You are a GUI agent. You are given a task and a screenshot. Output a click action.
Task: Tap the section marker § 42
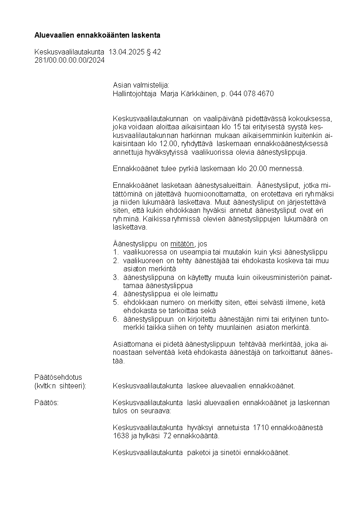pyautogui.click(x=154, y=52)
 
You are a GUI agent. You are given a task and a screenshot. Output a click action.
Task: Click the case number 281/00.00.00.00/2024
pyautogui.click(x=69, y=60)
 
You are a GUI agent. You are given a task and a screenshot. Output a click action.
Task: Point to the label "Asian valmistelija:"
pyautogui.click(x=141, y=85)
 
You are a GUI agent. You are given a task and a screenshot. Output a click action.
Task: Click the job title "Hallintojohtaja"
pyautogui.click(x=135, y=93)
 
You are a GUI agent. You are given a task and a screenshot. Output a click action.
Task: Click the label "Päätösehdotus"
pyautogui.click(x=58, y=377)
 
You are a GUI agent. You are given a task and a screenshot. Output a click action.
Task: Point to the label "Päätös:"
pyautogui.click(x=47, y=403)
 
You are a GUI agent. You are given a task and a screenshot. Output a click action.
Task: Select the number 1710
pyautogui.click(x=260, y=428)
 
